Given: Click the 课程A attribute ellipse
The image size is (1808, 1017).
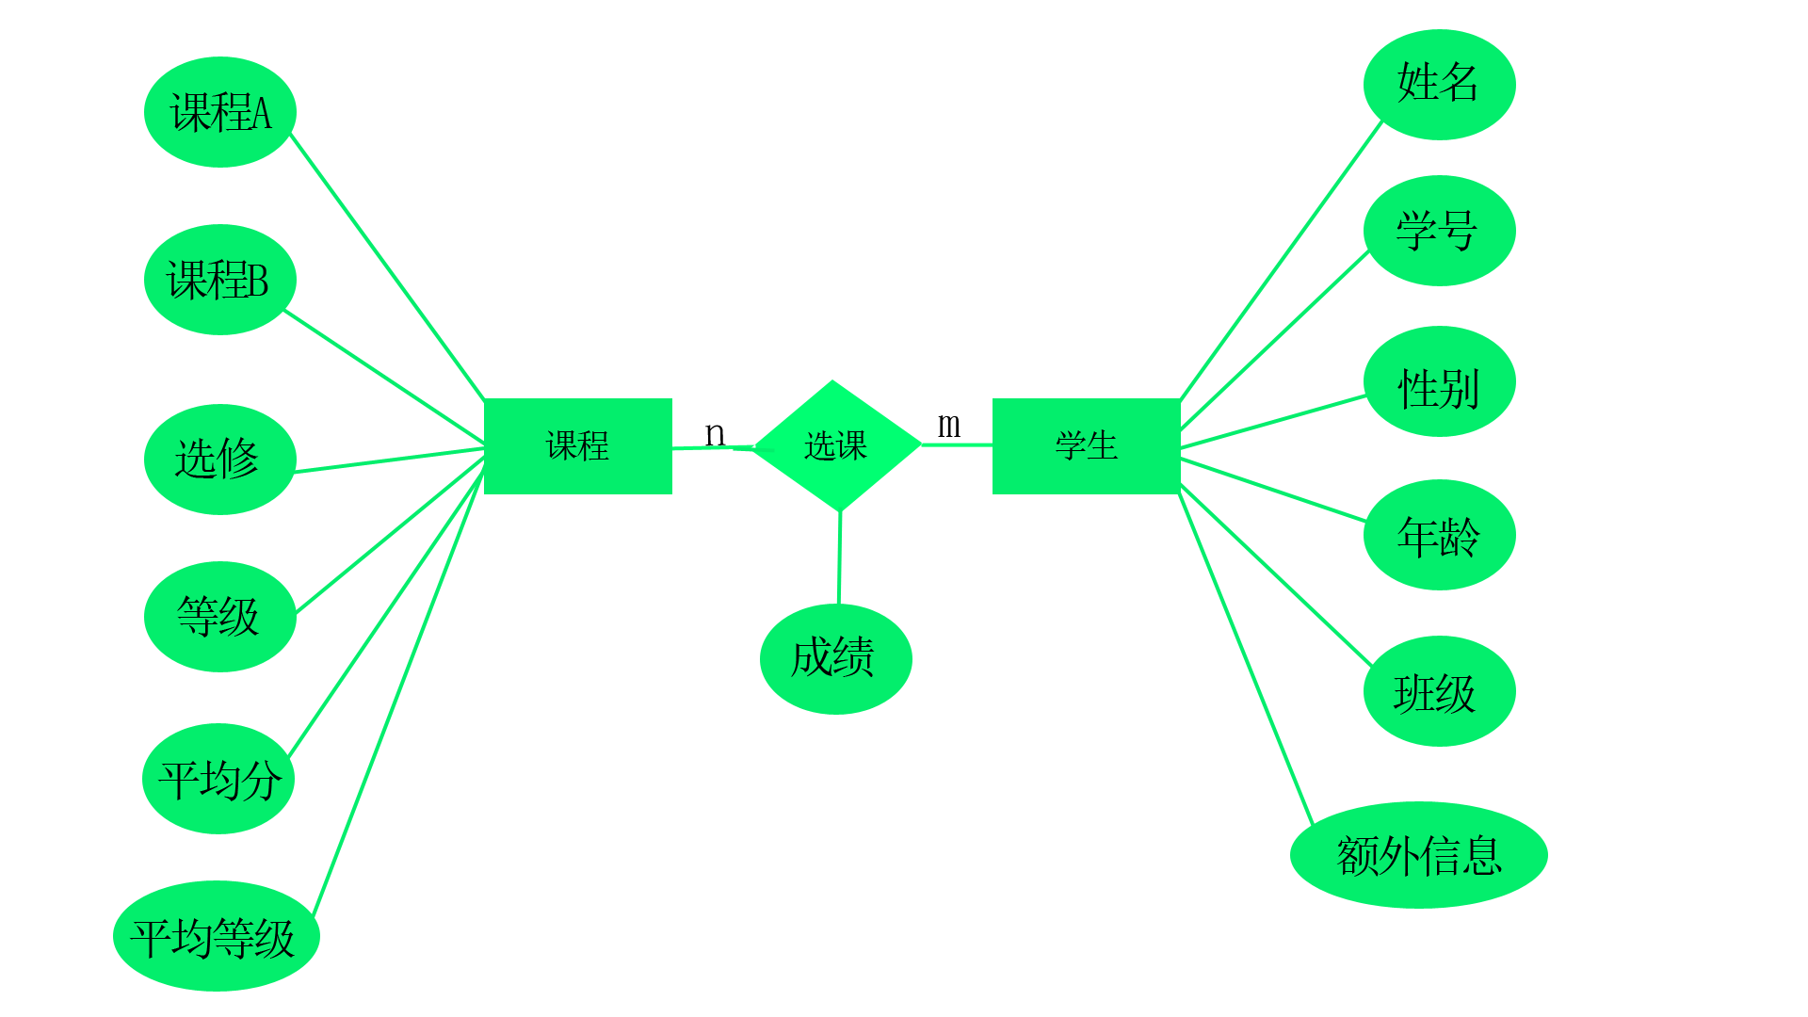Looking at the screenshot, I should [220, 112].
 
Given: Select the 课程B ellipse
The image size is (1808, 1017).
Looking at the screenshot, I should [220, 280].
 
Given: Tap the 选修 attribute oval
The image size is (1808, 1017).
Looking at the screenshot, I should [220, 460].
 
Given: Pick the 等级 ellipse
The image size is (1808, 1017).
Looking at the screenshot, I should [220, 617].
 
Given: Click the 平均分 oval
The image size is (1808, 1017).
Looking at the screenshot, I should [218, 779].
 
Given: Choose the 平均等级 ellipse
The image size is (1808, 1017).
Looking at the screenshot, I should [217, 936].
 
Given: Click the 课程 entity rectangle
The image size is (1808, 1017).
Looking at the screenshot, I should [577, 446].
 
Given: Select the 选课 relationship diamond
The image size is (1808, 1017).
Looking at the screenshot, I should [836, 445].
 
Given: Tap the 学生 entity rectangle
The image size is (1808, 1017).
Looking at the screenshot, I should [1086, 446].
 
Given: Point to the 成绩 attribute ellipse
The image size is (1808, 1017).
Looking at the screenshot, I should [835, 659].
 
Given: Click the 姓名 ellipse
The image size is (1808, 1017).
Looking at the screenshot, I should [1439, 85].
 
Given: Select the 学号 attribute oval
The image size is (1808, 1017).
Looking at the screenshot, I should [1439, 231].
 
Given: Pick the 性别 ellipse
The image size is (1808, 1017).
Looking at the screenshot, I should [1439, 381].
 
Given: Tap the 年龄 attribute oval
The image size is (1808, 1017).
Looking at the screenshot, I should [1439, 535].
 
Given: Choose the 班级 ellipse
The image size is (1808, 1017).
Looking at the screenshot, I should [1439, 691].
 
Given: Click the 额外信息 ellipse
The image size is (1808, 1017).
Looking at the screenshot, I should [1418, 855].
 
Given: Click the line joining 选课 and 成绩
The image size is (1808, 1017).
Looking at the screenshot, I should [839, 557].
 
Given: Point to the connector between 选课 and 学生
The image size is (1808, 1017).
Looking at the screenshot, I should [957, 444].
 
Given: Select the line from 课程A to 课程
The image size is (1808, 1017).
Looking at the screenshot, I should [388, 267].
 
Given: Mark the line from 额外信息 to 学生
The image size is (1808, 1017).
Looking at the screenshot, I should [1245, 657].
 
